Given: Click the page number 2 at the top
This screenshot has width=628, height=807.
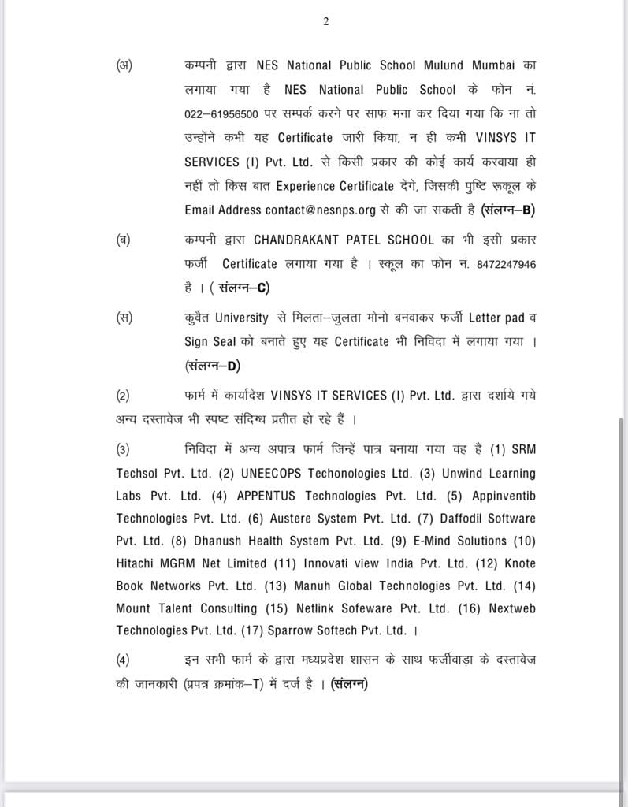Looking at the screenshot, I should coord(325,21).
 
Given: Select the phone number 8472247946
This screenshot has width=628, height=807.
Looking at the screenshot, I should coord(506,264).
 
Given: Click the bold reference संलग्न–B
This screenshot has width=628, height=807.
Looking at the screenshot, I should coord(514,210).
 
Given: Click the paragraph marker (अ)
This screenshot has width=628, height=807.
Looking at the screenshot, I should coord(124,65).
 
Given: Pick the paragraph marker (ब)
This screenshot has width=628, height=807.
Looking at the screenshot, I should coord(124,240).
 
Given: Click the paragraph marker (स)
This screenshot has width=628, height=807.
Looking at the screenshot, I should coord(124,318).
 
